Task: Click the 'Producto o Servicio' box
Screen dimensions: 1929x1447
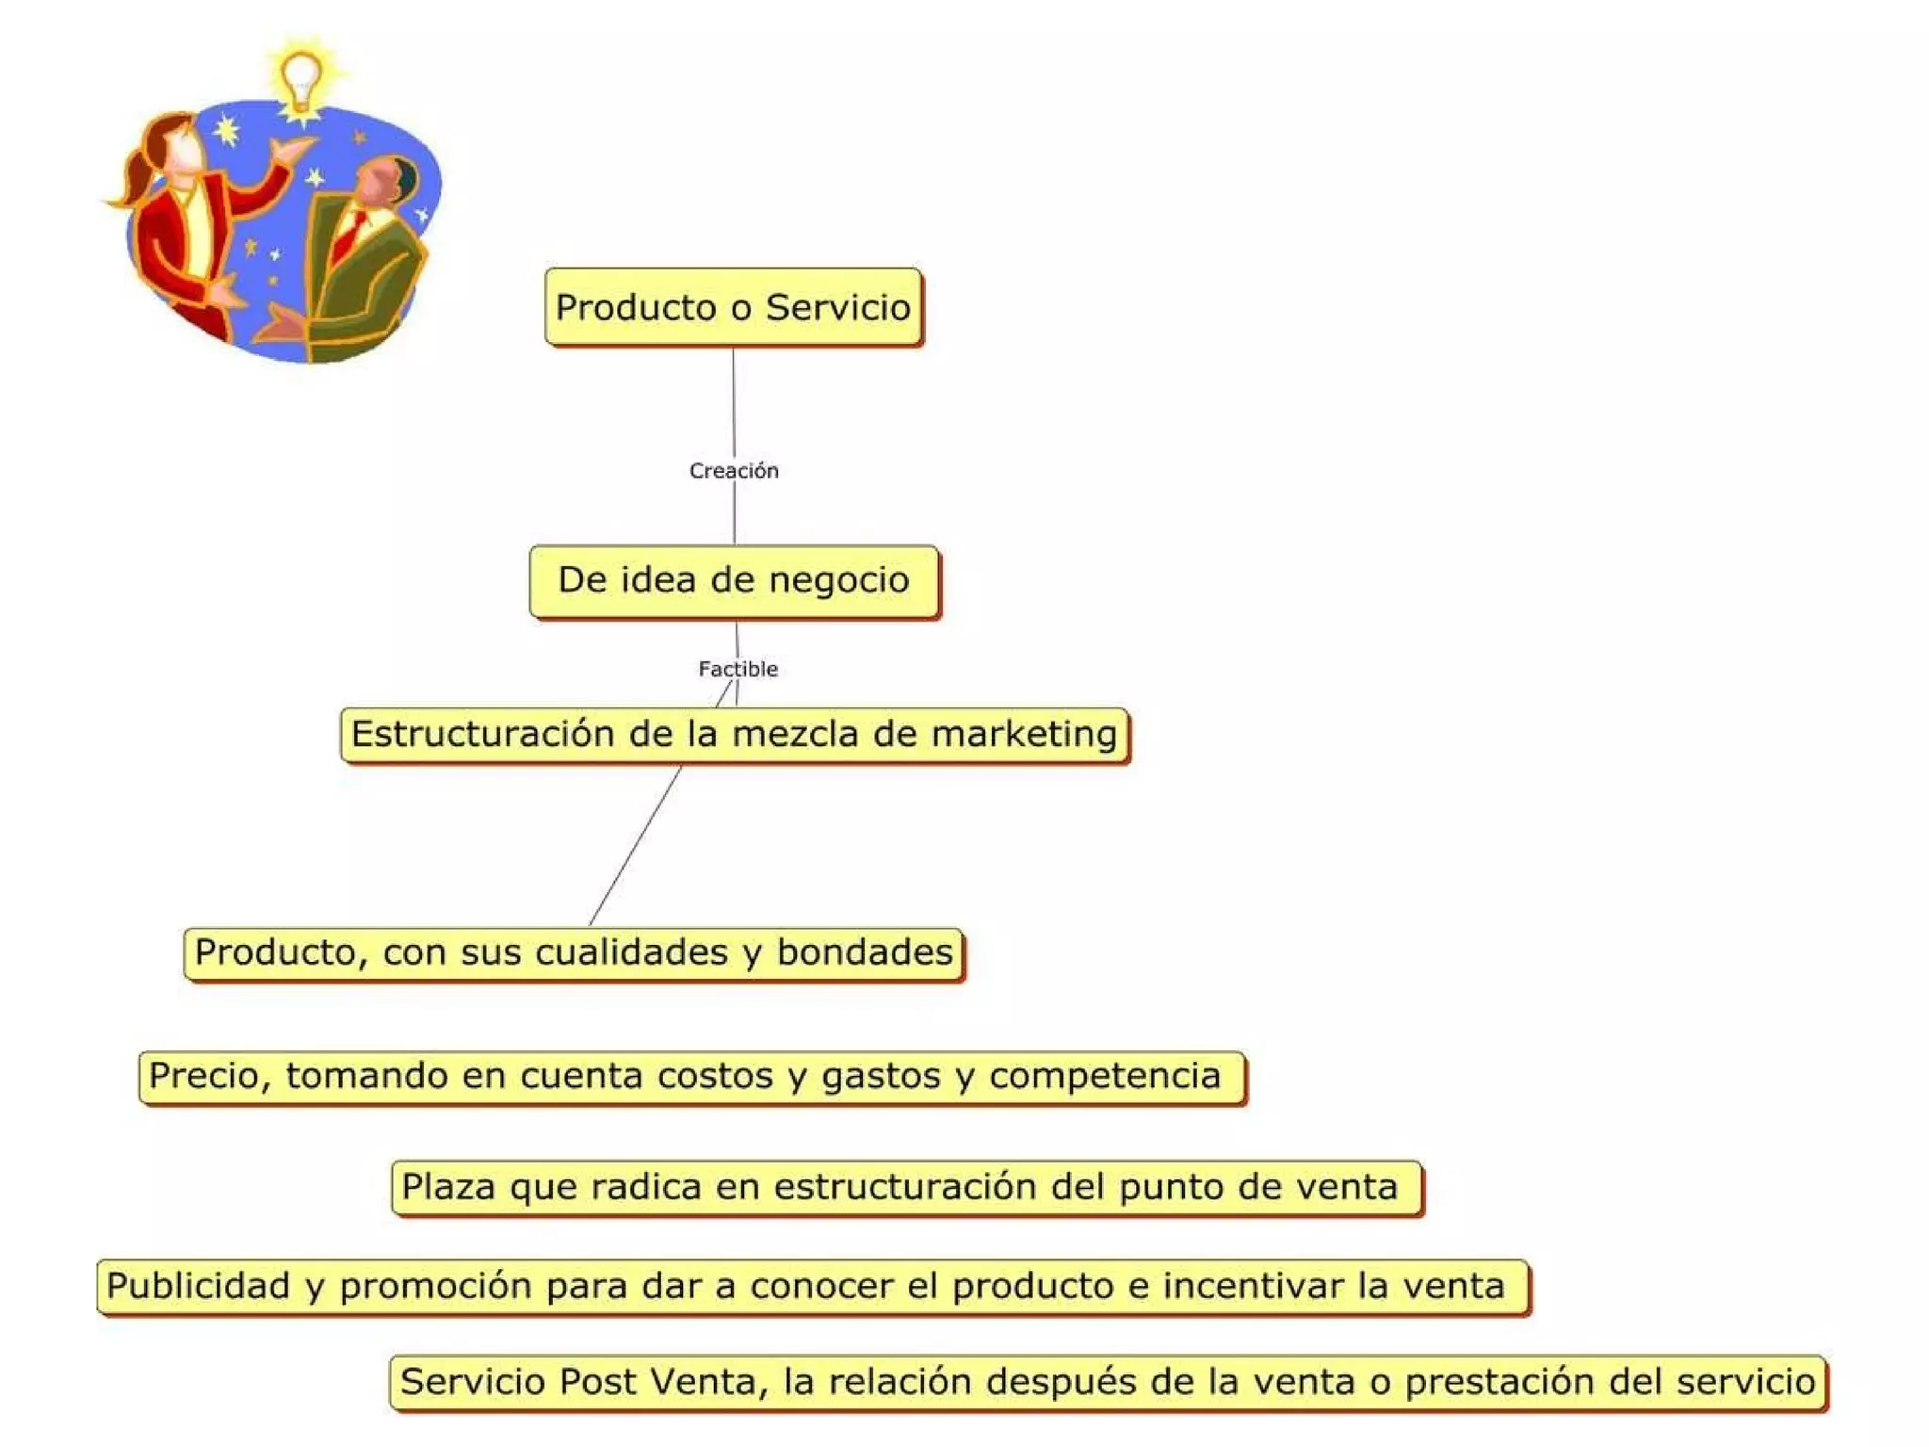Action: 733,307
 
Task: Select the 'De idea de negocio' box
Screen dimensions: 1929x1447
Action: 734,580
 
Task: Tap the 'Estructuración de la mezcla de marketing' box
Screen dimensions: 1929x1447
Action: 734,734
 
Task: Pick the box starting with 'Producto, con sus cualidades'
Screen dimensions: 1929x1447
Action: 574,952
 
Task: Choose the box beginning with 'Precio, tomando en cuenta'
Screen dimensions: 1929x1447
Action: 691,1076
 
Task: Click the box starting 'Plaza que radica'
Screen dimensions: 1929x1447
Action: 906,1187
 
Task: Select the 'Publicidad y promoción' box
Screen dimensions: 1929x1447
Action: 812,1286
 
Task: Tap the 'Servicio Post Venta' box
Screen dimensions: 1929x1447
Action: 1108,1382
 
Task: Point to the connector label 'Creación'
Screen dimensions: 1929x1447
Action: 734,471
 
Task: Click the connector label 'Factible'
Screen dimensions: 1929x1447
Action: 738,669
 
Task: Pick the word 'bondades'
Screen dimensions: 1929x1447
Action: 864,952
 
